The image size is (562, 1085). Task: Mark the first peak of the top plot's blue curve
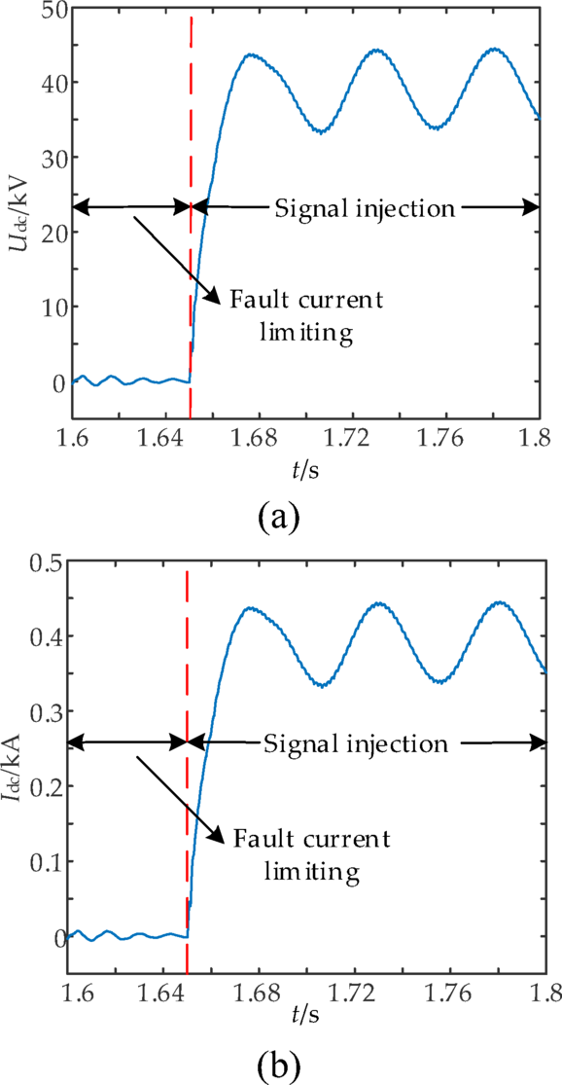tap(251, 54)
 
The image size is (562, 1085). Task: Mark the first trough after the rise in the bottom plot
tap(321, 685)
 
